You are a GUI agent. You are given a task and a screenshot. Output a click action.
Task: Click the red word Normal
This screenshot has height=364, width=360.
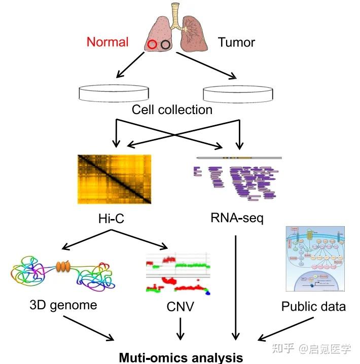107,42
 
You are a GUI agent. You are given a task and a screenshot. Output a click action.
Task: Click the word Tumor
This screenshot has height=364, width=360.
237,42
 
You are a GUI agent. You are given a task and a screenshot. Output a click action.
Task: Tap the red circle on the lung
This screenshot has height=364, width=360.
152,45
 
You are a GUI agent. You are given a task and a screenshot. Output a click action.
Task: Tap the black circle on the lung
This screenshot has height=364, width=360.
165,45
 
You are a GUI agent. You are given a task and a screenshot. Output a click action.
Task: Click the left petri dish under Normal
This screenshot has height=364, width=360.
115,93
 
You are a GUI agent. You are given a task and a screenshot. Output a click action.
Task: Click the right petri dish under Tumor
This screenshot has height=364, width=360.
237,93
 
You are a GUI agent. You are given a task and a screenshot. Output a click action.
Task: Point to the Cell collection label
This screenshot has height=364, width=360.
172,110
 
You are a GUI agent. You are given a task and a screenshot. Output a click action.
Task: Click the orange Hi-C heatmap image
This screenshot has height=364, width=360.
115,179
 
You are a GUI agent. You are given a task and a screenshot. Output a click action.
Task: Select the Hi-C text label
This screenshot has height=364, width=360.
112,219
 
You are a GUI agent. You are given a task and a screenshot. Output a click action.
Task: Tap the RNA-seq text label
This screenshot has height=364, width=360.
237,219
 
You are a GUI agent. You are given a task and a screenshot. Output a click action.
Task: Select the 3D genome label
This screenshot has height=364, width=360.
63,305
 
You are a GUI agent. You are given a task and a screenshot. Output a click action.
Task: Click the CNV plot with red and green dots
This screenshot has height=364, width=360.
178,272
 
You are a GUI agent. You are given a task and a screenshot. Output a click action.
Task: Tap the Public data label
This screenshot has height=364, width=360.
314,306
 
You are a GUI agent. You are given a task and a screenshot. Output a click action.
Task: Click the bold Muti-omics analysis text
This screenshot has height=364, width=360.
181,357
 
